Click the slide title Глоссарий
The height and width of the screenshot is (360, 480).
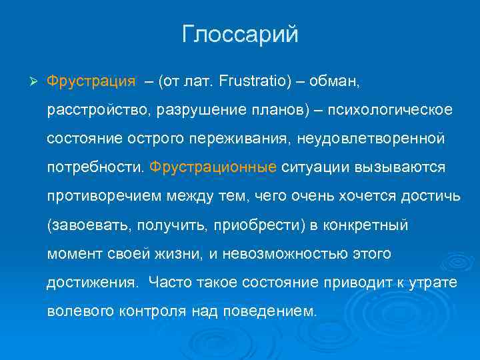(240, 35)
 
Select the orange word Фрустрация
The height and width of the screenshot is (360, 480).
(91, 81)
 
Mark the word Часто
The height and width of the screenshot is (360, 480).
(170, 282)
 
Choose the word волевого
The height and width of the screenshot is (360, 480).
(75, 311)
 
